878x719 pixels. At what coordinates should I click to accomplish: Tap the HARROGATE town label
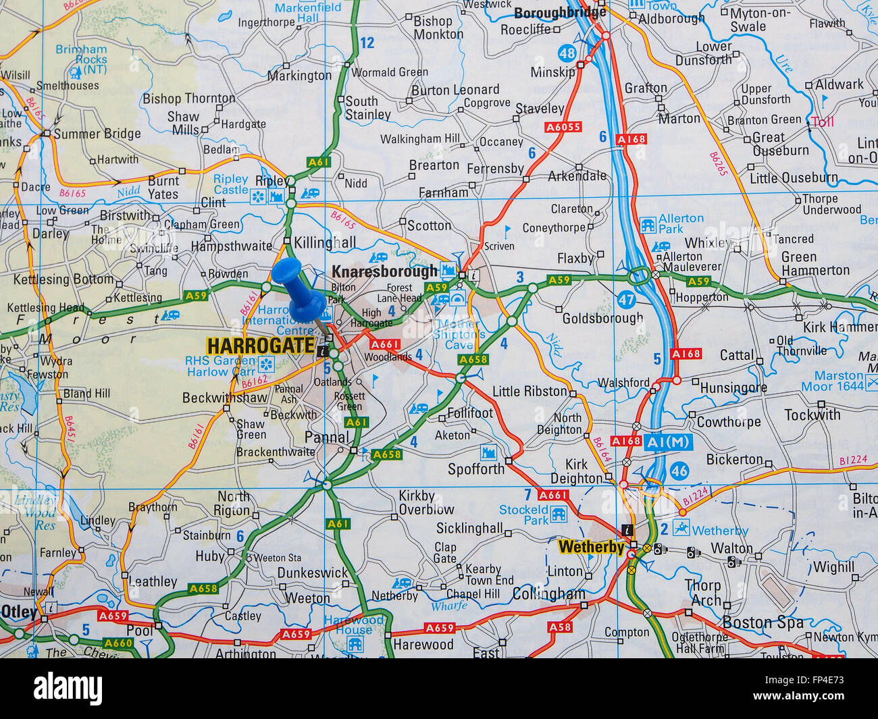tap(260, 346)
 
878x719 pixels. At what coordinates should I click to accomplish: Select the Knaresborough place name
tap(384, 271)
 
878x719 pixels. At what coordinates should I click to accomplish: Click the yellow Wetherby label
tap(592, 547)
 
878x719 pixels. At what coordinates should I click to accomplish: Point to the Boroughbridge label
tap(560, 13)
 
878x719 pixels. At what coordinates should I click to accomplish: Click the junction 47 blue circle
tap(626, 299)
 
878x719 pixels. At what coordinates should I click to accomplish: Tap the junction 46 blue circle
tap(679, 471)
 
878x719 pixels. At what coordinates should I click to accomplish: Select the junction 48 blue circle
tap(567, 53)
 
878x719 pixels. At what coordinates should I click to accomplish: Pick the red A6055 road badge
tap(563, 127)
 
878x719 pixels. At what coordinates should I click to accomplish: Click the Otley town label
tap(18, 612)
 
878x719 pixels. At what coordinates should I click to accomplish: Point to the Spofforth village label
tap(476, 469)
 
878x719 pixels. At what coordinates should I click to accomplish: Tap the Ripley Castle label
tap(231, 184)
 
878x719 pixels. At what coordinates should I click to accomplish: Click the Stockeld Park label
tap(524, 515)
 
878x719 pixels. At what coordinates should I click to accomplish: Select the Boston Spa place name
tap(763, 622)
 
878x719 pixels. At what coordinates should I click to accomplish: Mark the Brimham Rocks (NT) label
tap(81, 59)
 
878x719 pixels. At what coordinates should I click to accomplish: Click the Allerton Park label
tap(680, 223)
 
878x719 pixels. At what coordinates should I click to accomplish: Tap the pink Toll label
tap(823, 122)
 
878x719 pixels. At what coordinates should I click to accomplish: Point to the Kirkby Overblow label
tap(425, 502)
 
